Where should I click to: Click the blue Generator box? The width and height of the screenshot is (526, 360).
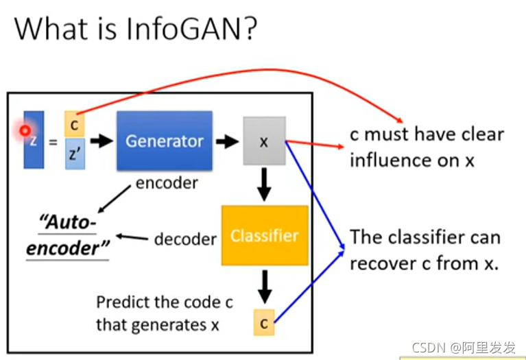pos(164,141)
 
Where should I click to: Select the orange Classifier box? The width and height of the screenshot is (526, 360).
pos(264,236)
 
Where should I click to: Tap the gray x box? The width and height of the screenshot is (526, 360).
pos(264,141)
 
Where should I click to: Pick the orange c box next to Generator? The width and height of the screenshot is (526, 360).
pos(74,124)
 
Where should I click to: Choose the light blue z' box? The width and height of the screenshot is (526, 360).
pos(74,154)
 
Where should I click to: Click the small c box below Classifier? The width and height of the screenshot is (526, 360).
pos(264,321)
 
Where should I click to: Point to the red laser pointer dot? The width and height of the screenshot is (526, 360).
pos(25,130)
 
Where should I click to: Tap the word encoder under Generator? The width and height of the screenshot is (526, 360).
pos(167,182)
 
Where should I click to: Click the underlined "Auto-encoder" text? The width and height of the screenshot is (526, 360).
pos(69,234)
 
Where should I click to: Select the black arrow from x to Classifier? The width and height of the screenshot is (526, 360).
pos(264,184)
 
